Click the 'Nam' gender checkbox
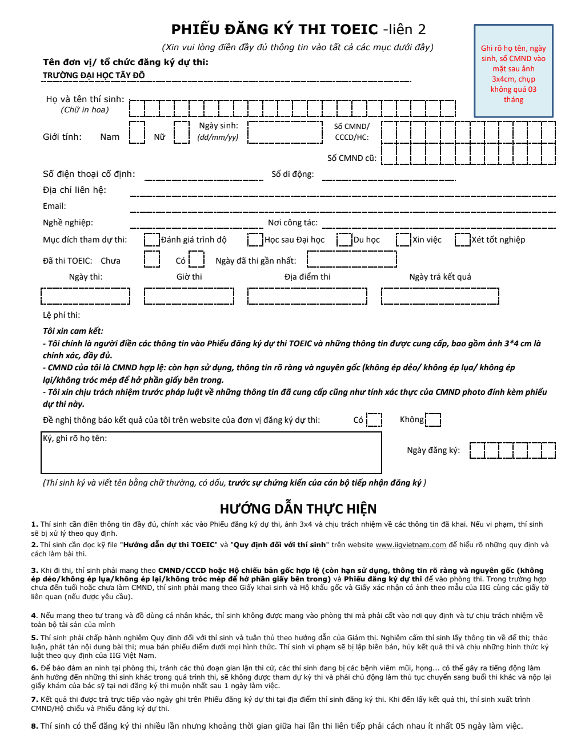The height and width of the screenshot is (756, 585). tap(137, 132)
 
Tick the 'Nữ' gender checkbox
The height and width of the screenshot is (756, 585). tap(182, 132)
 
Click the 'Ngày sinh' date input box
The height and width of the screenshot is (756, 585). tap(285, 132)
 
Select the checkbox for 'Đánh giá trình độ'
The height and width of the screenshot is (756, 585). tap(152, 240)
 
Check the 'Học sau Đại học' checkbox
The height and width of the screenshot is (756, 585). tap(255, 240)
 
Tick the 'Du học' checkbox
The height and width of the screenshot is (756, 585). tap(344, 240)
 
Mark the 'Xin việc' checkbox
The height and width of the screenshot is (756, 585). tap(403, 240)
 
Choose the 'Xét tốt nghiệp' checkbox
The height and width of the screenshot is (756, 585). tap(463, 240)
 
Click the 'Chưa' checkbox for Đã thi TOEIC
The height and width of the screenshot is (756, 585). tap(152, 260)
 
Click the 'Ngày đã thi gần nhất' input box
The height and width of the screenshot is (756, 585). tap(352, 260)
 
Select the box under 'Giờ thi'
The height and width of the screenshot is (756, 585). tap(189, 296)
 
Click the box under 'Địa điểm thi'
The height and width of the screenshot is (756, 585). tap(307, 296)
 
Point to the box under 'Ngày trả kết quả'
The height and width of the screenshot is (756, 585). tap(440, 296)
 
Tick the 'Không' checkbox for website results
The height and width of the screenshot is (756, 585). tap(433, 420)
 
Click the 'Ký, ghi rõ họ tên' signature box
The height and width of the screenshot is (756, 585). tap(211, 453)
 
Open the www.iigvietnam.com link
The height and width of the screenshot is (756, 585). tap(411, 545)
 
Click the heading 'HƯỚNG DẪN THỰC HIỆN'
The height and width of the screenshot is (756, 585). tap(298, 509)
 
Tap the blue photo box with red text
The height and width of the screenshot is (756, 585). tap(514, 71)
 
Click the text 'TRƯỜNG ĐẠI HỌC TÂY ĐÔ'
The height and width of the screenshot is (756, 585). tap(94, 75)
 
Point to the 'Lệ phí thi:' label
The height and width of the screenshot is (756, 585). tap(61, 315)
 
